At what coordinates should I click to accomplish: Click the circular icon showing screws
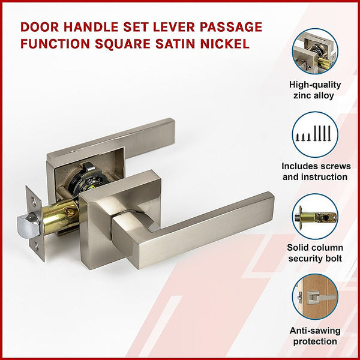pyautogui.click(x=315, y=134)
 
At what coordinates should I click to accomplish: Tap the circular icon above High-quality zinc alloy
pyautogui.click(x=315, y=51)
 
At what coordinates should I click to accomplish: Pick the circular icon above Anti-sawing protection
pyautogui.click(x=315, y=296)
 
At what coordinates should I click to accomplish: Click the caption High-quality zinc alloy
pyautogui.click(x=315, y=90)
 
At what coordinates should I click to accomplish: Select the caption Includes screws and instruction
pyautogui.click(x=315, y=172)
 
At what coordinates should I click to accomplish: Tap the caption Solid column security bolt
pyautogui.click(x=315, y=253)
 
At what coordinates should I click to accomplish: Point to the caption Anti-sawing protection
pyautogui.click(x=315, y=336)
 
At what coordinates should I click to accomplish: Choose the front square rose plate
pyautogui.click(x=120, y=204)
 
